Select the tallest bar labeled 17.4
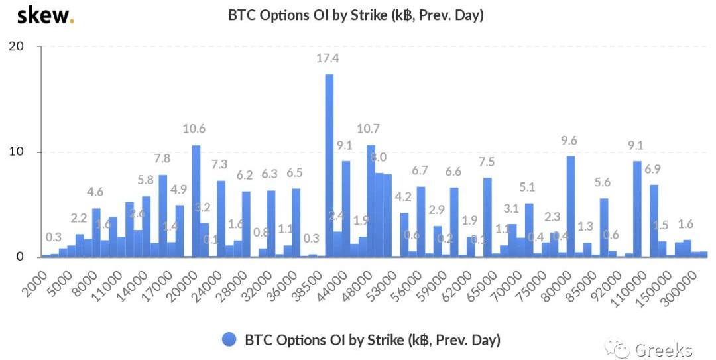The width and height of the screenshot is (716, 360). click(329, 166)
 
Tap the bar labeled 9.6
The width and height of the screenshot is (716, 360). click(571, 206)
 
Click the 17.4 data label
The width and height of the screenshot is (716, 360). click(328, 58)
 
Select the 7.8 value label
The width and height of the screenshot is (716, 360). click(162, 159)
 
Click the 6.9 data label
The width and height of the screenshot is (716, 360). click(653, 169)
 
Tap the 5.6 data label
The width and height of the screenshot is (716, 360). click(603, 183)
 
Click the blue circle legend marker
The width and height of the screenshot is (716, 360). click(229, 339)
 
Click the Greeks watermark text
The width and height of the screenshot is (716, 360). click(663, 349)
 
